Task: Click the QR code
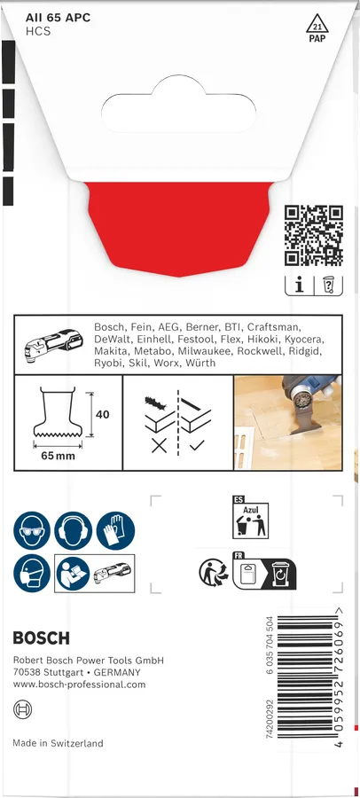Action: coord(313,235)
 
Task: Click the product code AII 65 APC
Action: coord(58,18)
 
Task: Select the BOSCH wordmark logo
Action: coord(41,638)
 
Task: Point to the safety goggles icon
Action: coord(32,530)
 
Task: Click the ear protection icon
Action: coord(74,530)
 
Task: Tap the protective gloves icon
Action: coord(115,530)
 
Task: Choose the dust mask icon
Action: coord(32,574)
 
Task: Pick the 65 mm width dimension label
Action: coord(58,456)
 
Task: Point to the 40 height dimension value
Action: coord(103,414)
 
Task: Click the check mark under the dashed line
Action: coord(196,445)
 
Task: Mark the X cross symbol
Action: coord(159,446)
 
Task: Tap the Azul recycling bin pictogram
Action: coord(250,518)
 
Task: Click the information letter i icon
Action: coord(299,286)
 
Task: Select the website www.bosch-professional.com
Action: coord(79,685)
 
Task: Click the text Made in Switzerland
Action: coord(58,743)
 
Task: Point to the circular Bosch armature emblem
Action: coord(22,709)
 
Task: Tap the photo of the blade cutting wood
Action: coord(287,423)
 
